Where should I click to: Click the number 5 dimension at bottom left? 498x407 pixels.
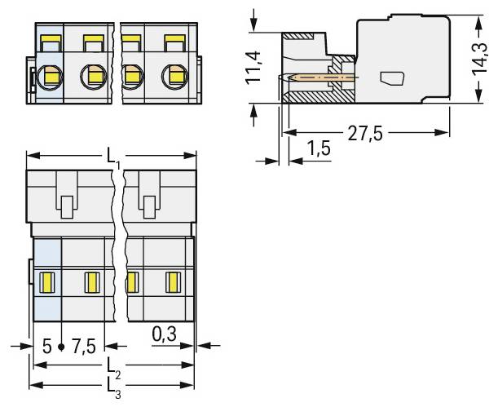pos(47,347)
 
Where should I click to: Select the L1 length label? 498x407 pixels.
pos(112,157)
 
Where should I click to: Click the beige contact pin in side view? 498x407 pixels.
pos(322,78)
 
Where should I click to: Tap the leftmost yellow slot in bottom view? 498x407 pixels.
pos(47,283)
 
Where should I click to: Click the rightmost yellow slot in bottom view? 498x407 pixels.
pos(172,283)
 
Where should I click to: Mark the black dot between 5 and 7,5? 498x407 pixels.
pos(62,348)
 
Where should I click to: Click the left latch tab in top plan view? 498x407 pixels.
pos(66,204)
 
